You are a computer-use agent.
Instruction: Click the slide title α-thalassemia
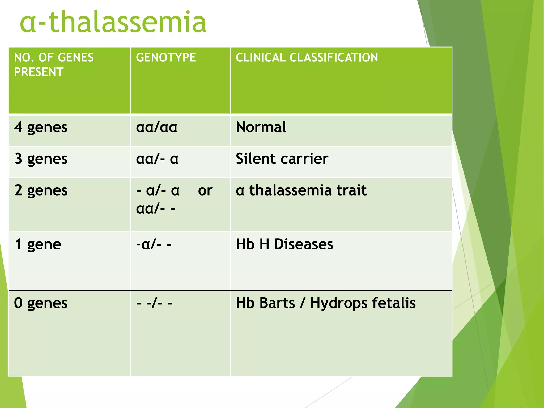tap(113, 22)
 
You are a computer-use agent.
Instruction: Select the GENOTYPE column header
tap(166, 58)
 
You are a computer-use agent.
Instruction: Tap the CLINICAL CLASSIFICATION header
tap(307, 58)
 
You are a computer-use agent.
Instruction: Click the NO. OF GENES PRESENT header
tap(54, 65)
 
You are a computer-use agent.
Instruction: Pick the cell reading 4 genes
tap(41, 127)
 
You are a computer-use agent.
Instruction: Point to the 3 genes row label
tap(41, 159)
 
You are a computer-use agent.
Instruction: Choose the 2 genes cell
tap(41, 190)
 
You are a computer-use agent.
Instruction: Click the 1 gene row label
tap(38, 244)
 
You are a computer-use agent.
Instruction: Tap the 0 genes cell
tap(41, 303)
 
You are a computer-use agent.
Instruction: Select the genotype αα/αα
tap(156, 127)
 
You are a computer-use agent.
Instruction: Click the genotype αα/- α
tap(157, 159)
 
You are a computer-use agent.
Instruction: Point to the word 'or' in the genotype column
tap(205, 190)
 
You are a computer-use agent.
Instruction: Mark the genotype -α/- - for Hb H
tap(154, 244)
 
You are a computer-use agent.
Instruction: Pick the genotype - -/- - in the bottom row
tap(154, 303)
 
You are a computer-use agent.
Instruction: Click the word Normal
tap(261, 127)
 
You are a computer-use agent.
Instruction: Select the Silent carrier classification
tap(282, 159)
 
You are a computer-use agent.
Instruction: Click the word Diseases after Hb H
tap(303, 244)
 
